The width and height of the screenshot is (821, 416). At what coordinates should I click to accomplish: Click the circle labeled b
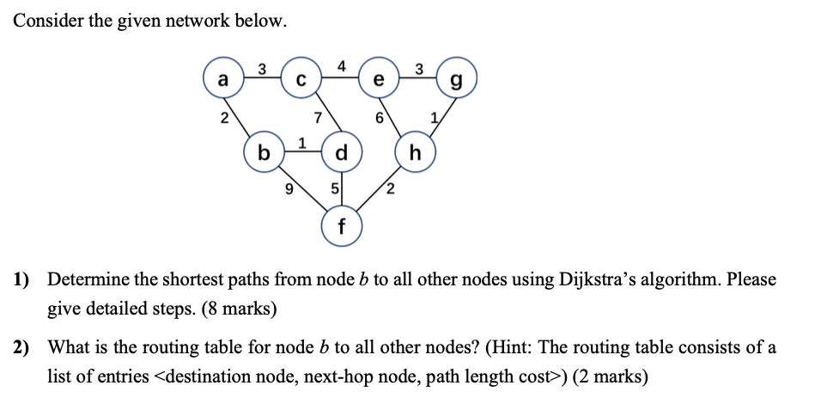pyautogui.click(x=265, y=154)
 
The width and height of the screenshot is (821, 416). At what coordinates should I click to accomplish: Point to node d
pyautogui.click(x=342, y=154)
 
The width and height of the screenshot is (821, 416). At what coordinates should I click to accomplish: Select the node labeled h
pyautogui.click(x=417, y=154)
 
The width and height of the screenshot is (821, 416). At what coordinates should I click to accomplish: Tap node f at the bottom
pyautogui.click(x=342, y=228)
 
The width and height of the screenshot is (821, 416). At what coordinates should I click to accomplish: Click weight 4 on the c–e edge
pyautogui.click(x=342, y=65)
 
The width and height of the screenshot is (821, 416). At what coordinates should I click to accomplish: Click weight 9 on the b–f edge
pyautogui.click(x=289, y=189)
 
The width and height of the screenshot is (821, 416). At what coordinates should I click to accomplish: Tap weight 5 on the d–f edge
pyautogui.click(x=334, y=190)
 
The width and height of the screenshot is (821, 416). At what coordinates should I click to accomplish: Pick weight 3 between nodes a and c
pyautogui.click(x=262, y=67)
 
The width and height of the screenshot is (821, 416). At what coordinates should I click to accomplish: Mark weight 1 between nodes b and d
pyautogui.click(x=301, y=142)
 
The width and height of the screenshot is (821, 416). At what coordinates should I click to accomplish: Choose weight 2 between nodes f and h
pyautogui.click(x=390, y=189)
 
